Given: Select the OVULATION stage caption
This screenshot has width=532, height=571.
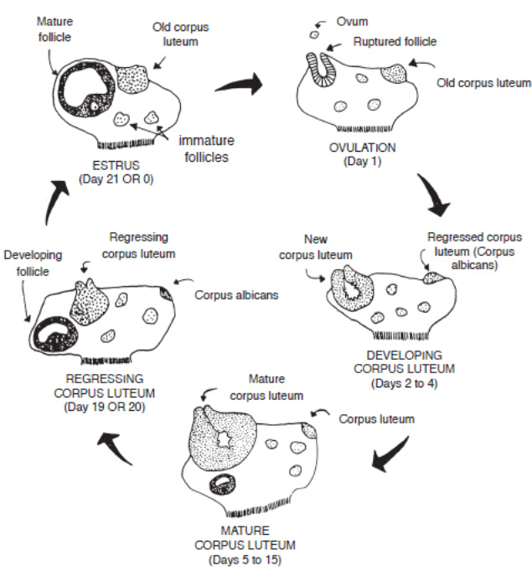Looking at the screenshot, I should pyautogui.click(x=349, y=148).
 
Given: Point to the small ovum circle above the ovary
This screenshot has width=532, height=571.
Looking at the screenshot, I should pyautogui.click(x=315, y=34).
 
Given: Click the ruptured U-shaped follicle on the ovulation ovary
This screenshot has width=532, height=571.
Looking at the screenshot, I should pyautogui.click(x=321, y=70).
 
